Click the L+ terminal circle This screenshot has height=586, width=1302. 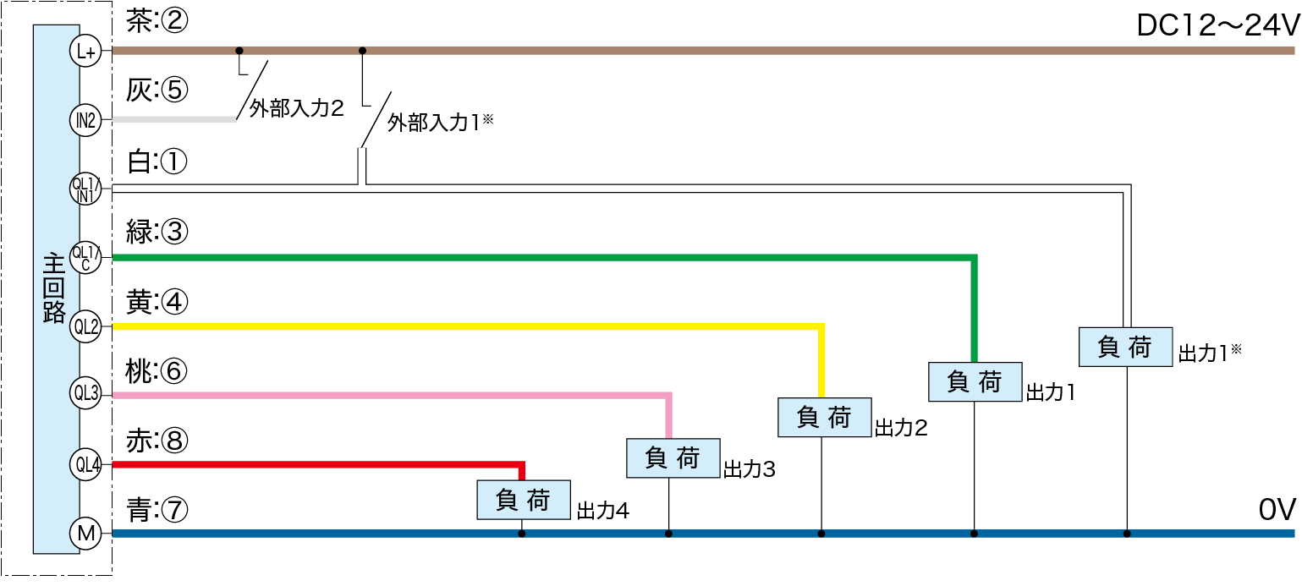pyautogui.click(x=85, y=52)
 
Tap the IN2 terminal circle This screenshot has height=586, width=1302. pyautogui.click(x=85, y=120)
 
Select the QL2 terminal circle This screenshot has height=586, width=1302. pyautogui.click(x=85, y=326)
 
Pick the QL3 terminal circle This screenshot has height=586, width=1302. pyautogui.click(x=85, y=393)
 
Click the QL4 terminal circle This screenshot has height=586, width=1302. pyautogui.click(x=85, y=464)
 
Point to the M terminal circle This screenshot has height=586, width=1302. pyautogui.click(x=85, y=533)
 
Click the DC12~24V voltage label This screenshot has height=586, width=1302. pyautogui.click(x=1215, y=27)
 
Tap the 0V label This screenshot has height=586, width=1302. pyautogui.click(x=1277, y=509)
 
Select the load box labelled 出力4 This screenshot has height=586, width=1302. pyautogui.click(x=523, y=500)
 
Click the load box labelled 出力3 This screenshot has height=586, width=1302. pyautogui.click(x=673, y=457)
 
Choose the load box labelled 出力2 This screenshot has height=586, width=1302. pyautogui.click(x=823, y=417)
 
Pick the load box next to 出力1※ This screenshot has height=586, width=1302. pyautogui.click(x=1125, y=347)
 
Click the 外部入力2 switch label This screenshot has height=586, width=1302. pyautogui.click(x=296, y=108)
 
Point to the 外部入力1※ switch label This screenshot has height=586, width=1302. pyautogui.click(x=440, y=123)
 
